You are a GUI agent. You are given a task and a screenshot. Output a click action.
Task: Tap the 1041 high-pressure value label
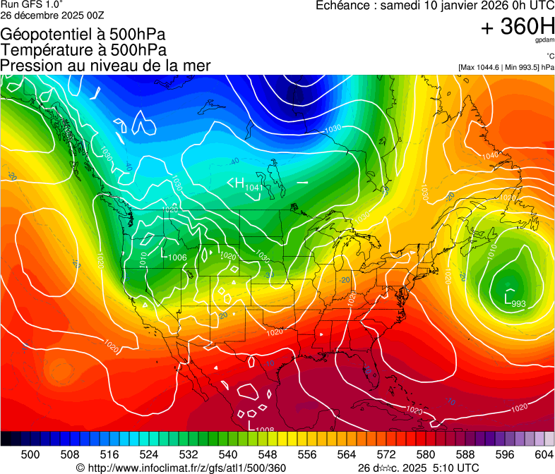(254, 188)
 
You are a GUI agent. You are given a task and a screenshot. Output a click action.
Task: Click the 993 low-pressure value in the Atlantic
(518, 304)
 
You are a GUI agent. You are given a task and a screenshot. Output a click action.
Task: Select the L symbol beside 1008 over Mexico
(251, 425)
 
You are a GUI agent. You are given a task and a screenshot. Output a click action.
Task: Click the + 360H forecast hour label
(517, 27)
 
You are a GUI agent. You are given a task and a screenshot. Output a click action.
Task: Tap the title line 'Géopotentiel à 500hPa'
(83, 35)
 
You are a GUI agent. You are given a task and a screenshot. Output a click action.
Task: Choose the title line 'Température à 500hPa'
(83, 50)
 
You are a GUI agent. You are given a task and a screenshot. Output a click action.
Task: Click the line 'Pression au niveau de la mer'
(105, 66)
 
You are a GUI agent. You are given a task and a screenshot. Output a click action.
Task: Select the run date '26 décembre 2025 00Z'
(49, 14)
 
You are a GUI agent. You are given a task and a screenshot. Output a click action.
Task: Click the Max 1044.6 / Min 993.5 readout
(506, 68)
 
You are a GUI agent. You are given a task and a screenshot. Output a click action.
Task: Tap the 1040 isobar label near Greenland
(489, 155)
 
